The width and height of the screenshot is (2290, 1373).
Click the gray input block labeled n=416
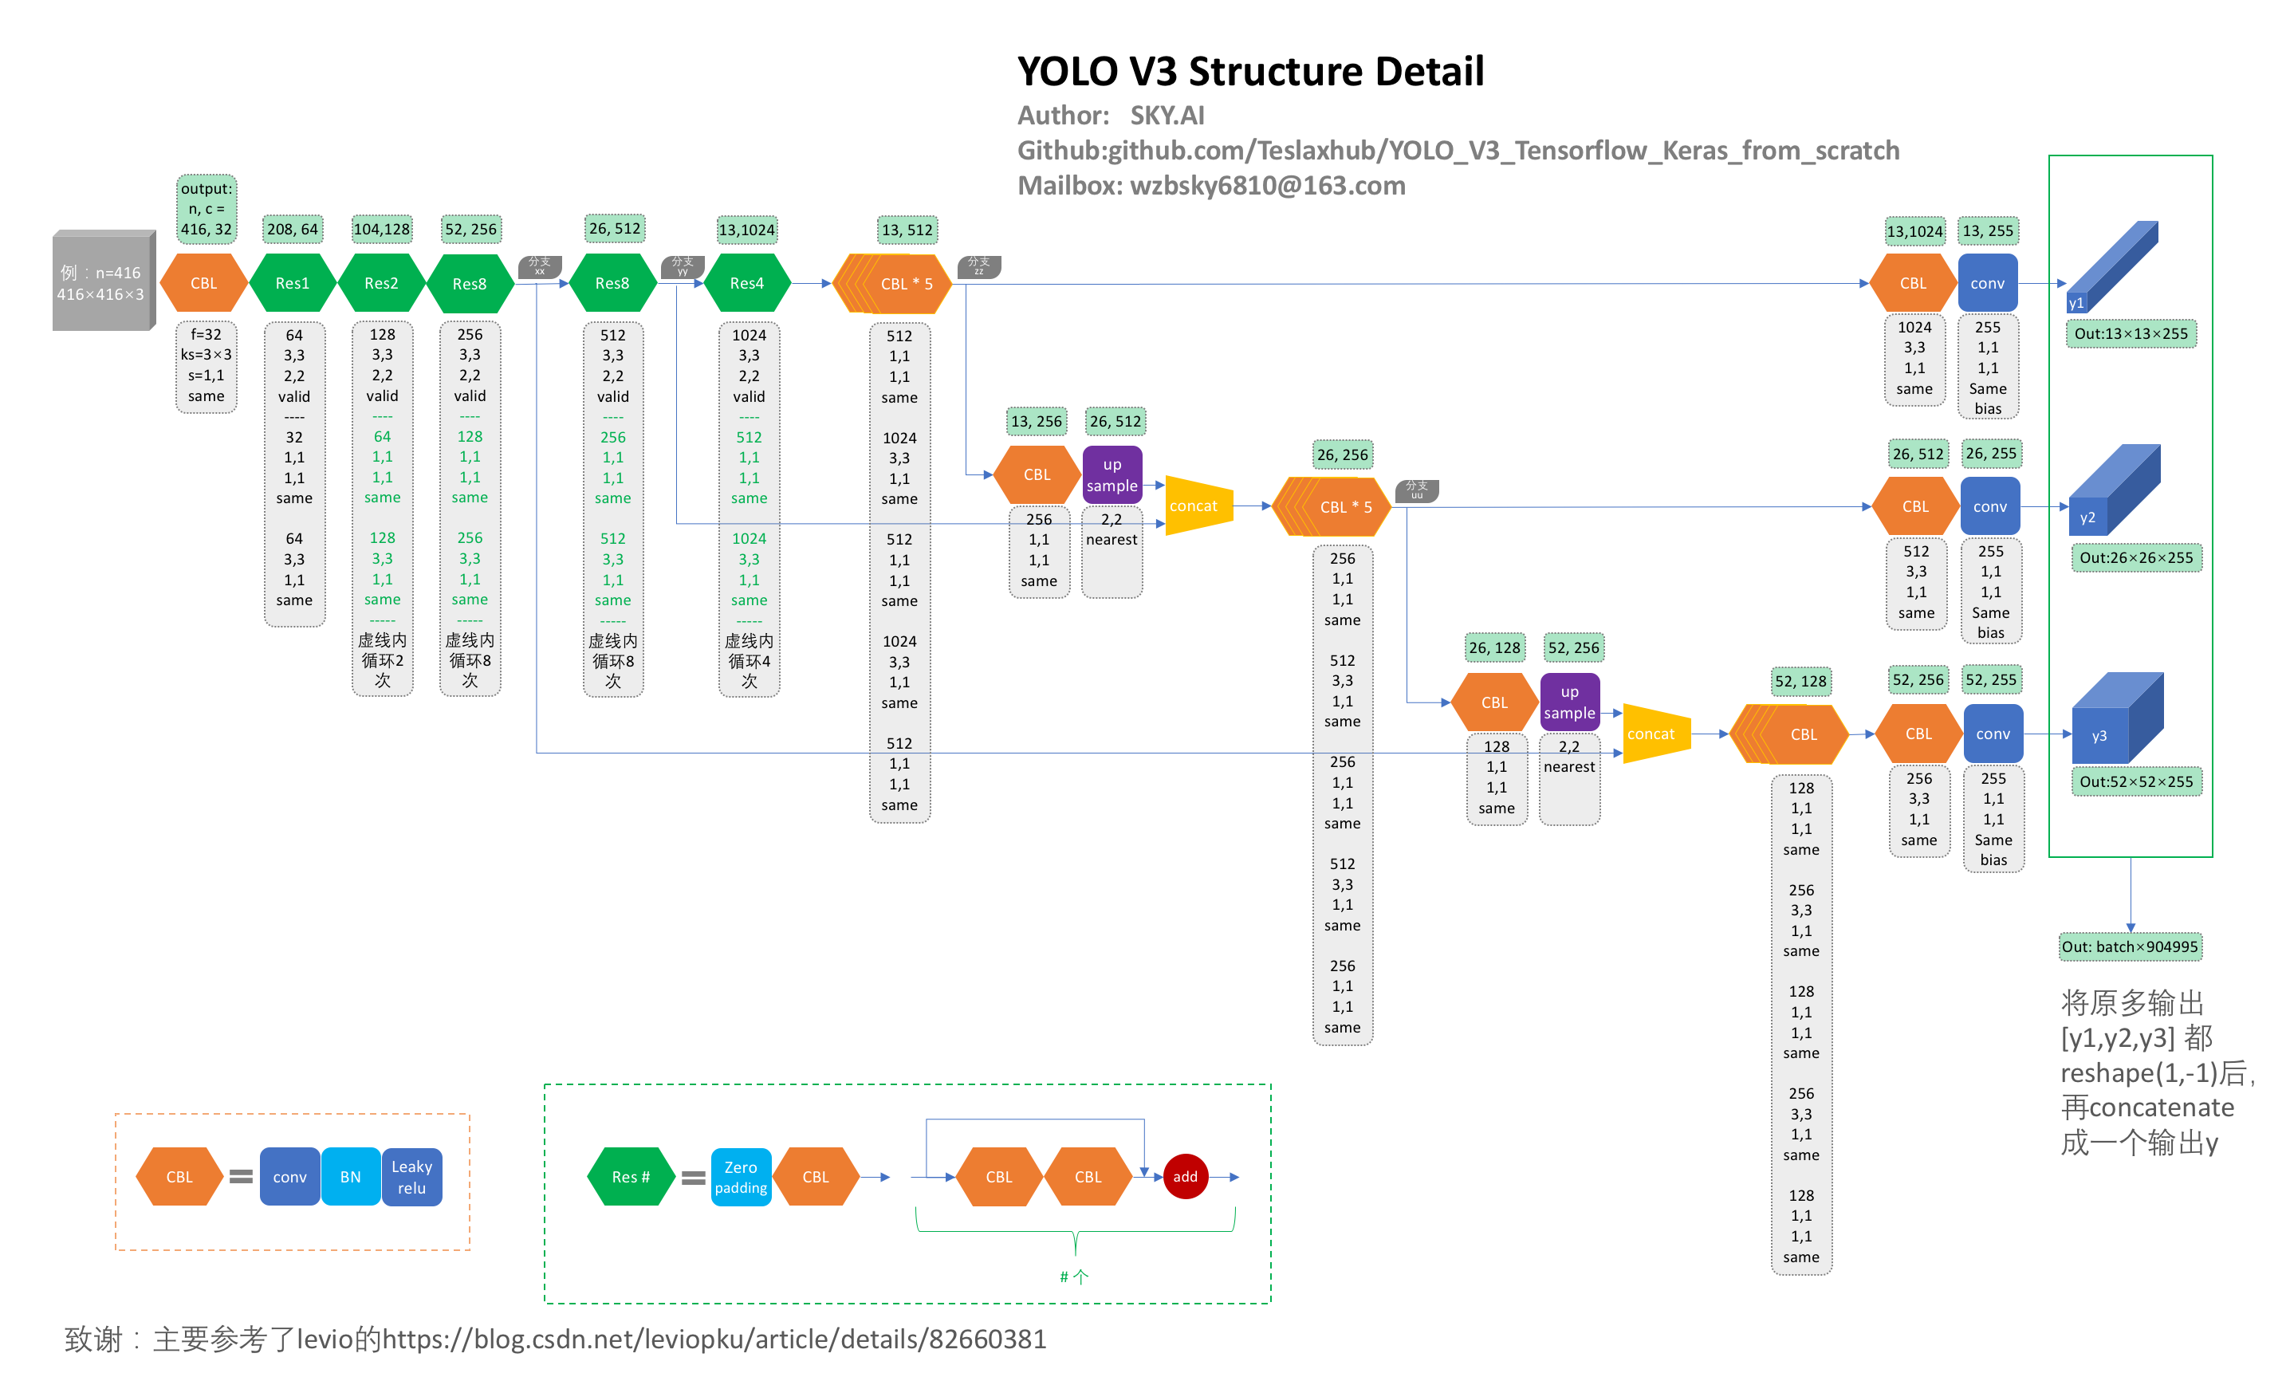(102, 281)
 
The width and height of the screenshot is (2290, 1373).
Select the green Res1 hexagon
(293, 283)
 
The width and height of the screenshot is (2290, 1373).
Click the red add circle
(1184, 1176)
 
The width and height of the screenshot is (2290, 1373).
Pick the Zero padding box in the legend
(740, 1177)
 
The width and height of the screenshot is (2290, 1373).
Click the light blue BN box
(350, 1177)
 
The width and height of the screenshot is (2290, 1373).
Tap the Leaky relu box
(411, 1177)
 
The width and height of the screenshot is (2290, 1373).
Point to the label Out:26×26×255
(2135, 557)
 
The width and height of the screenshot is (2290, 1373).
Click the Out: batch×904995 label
(2129, 946)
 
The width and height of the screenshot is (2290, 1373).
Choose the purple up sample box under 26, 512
(1112, 474)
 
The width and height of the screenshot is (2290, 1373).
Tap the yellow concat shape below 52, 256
(1655, 734)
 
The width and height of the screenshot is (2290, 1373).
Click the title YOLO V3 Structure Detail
(1250, 71)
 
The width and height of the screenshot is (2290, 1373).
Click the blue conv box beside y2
(1989, 506)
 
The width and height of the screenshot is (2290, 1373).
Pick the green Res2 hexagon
(381, 283)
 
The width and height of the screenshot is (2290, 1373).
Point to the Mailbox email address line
(1210, 185)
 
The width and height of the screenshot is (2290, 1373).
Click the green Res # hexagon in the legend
(631, 1177)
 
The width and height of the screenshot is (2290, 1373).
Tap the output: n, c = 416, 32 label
(207, 209)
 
